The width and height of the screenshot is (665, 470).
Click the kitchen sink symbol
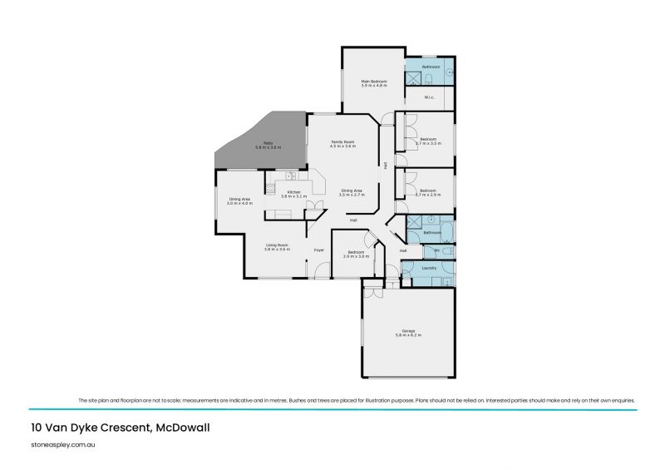(289, 176)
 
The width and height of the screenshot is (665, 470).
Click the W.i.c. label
(429, 97)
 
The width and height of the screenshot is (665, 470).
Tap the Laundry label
(429, 268)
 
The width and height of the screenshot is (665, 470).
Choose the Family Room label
(343, 142)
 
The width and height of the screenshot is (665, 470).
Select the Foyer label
(318, 250)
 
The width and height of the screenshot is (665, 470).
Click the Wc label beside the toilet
(436, 250)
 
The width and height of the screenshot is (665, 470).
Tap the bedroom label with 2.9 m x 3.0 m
(356, 251)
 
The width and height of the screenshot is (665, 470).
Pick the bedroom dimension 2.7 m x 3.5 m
(428, 143)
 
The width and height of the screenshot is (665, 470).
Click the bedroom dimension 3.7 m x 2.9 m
(428, 195)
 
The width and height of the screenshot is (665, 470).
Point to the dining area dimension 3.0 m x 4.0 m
(240, 203)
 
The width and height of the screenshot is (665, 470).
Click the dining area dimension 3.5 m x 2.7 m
(352, 195)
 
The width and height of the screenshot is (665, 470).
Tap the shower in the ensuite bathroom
(413, 78)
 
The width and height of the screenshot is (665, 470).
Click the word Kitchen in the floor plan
(293, 192)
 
